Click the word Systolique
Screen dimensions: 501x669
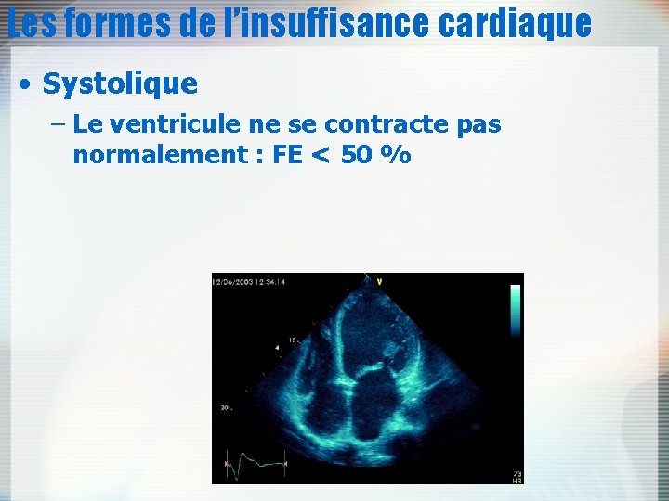(120, 83)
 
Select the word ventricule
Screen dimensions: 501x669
(170, 123)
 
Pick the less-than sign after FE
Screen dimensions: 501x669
(319, 155)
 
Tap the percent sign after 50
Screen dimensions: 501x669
(399, 154)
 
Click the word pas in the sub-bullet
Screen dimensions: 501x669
(479, 124)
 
